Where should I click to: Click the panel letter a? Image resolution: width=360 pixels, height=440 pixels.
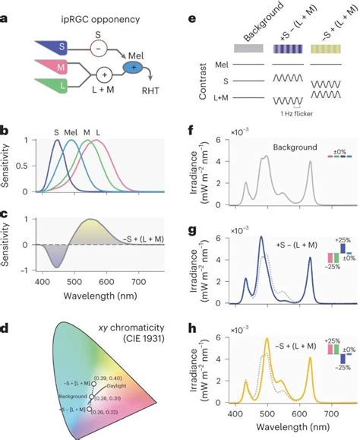(5, 11)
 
